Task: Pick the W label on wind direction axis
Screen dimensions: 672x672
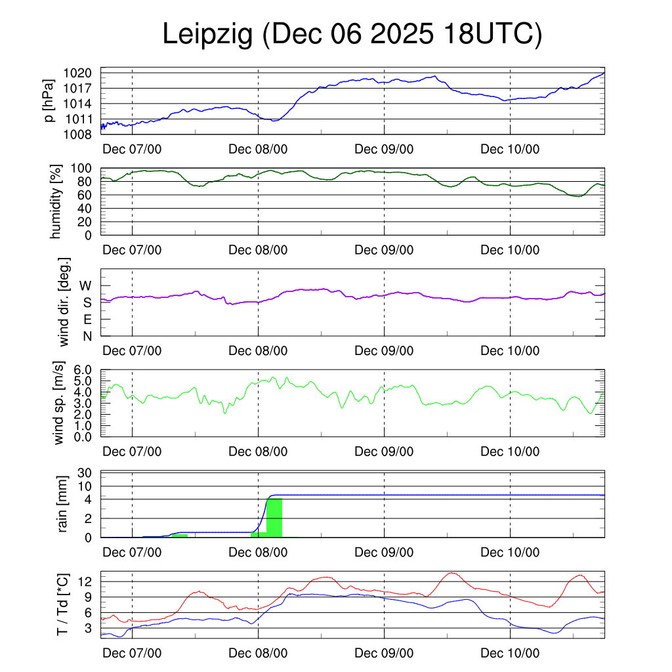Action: (86, 286)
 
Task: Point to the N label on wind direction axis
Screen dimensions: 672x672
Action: (87, 337)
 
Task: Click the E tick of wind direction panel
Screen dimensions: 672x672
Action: (87, 320)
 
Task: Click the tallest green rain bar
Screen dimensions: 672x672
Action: (274, 518)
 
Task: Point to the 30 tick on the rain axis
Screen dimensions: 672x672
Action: (86, 473)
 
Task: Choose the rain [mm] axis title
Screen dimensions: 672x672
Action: (63, 505)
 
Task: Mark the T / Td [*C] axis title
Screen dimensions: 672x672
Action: (63, 604)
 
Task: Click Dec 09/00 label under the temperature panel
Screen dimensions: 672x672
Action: (384, 654)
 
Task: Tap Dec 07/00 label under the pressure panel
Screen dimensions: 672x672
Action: (132, 149)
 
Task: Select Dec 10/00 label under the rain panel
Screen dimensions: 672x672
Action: (510, 553)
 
